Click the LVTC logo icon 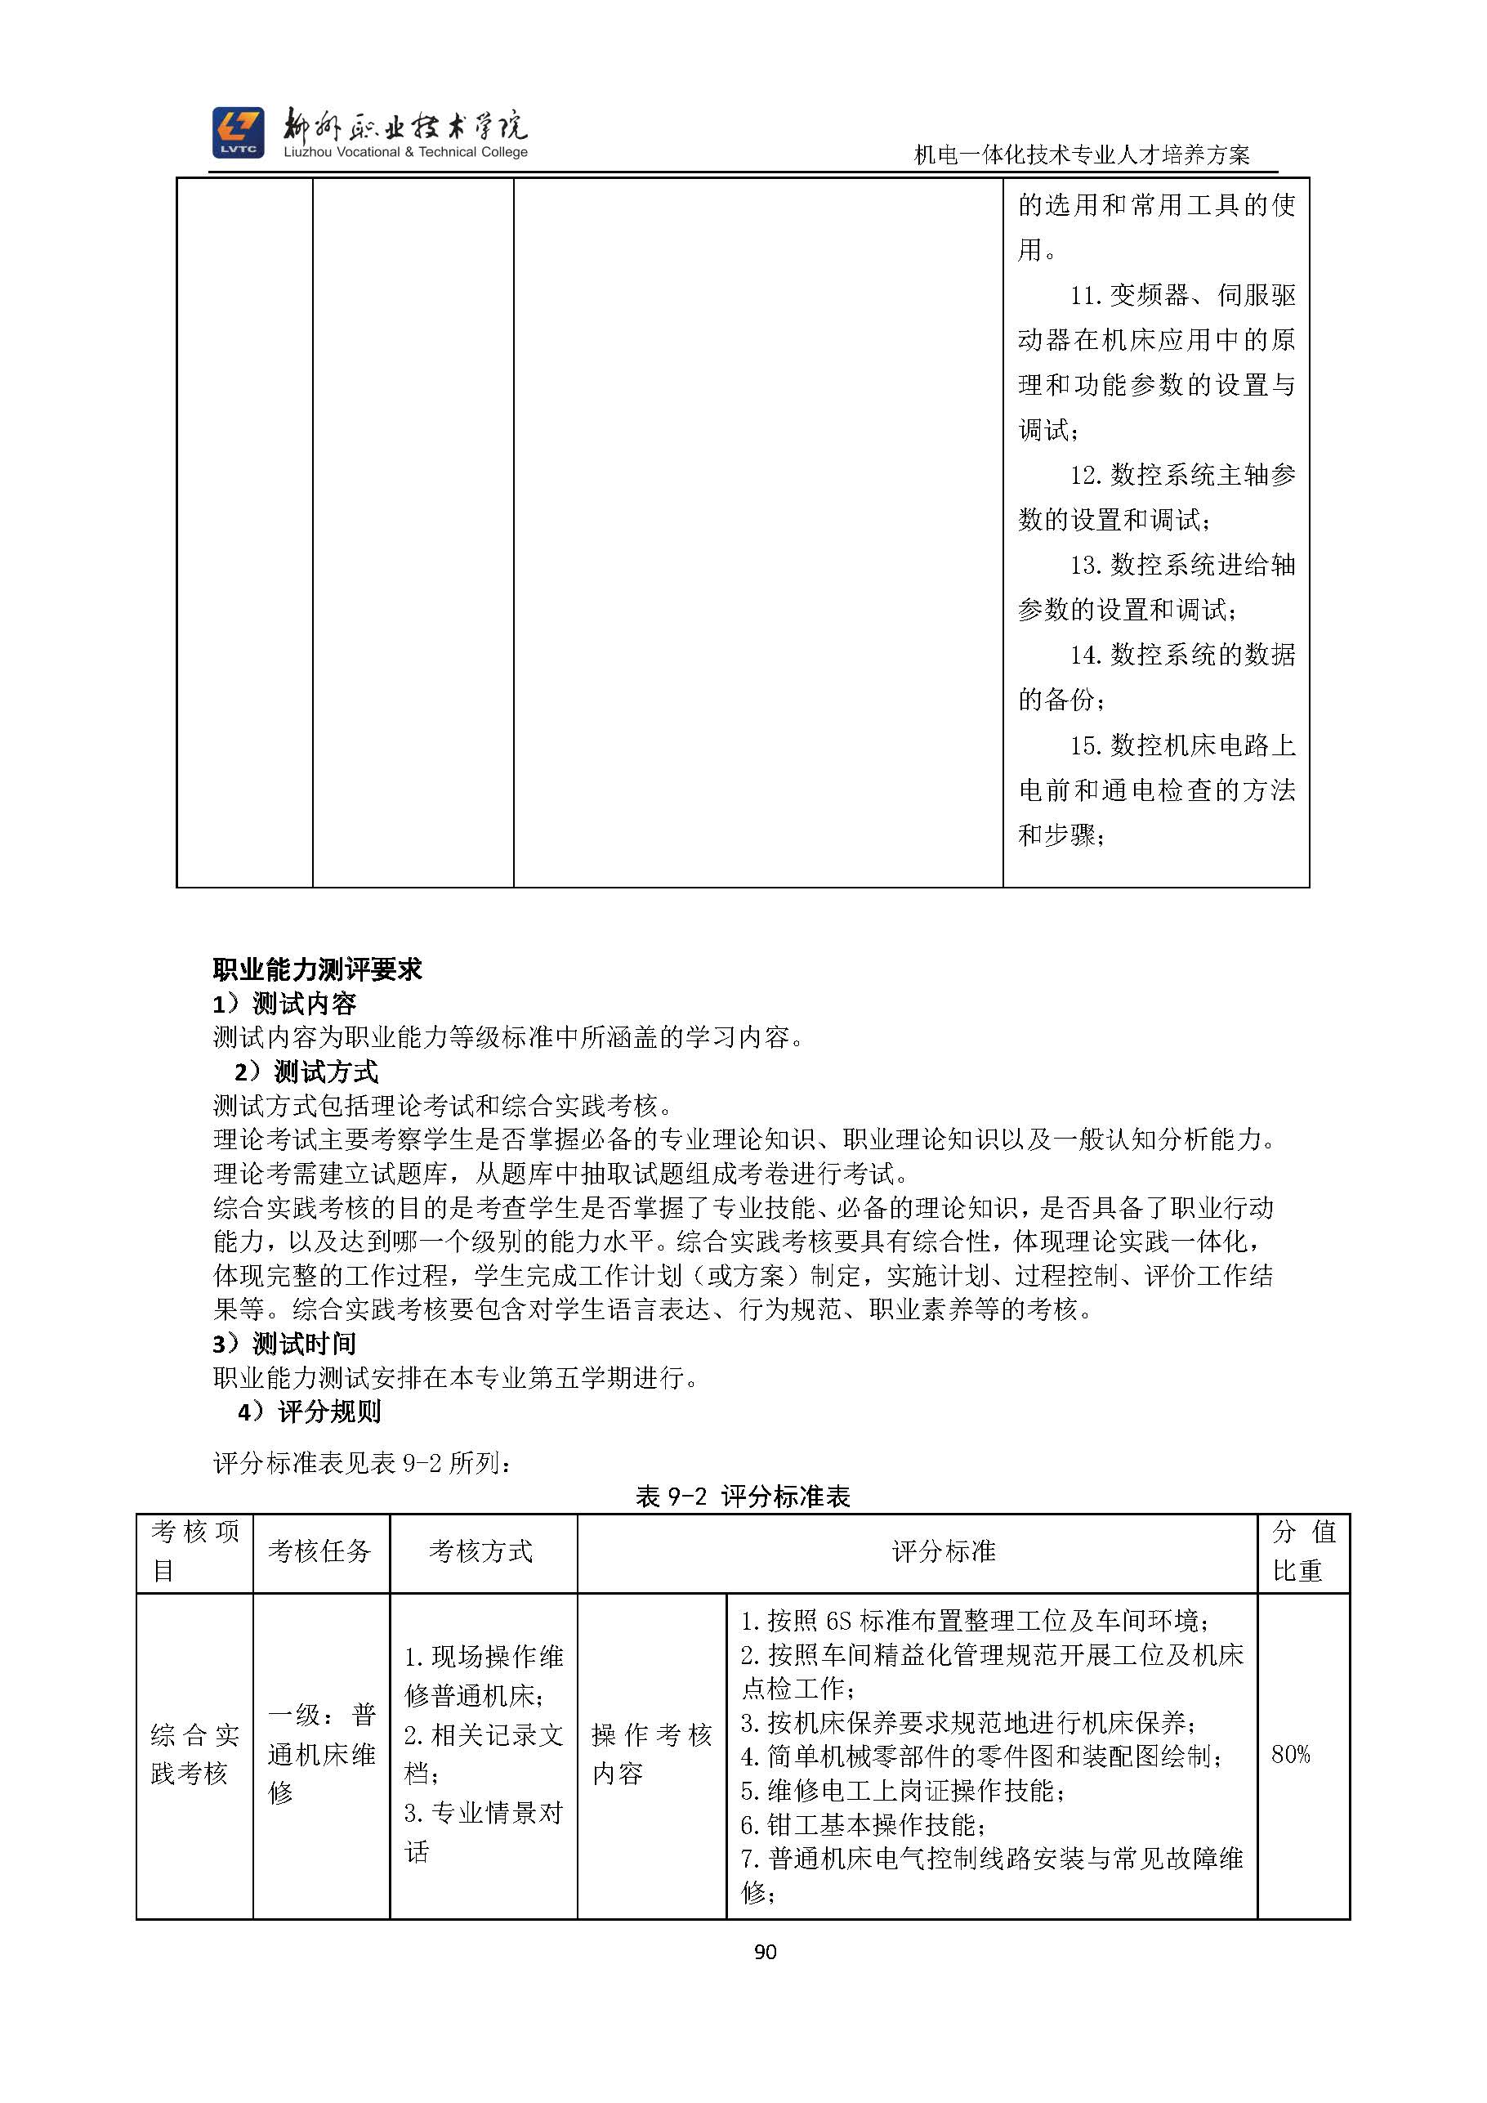pos(238,132)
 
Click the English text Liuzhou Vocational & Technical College pos(405,152)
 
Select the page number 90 pos(766,1952)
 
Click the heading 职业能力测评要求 pos(317,969)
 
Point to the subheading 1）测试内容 pos(285,1004)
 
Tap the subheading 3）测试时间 pos(285,1344)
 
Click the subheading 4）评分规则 pos(310,1412)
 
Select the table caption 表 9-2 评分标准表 pos(743,1497)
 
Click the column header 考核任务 pos(319,1551)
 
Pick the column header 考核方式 pos(480,1551)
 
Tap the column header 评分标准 pos(943,1551)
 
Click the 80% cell pos(1290,1754)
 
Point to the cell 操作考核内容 pos(651,1754)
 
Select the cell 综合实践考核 pos(194,1754)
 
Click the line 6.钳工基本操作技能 pos(863,1824)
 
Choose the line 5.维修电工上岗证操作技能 pos(902,1790)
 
